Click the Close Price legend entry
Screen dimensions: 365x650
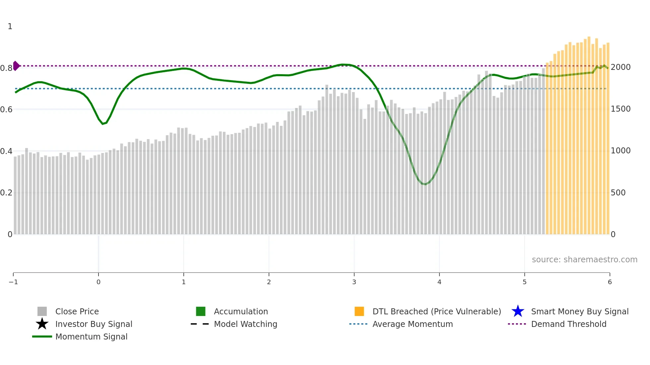77,311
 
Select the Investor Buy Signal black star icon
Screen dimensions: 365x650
42,324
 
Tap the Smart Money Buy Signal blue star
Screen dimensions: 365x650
518,311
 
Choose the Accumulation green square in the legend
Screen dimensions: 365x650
201,311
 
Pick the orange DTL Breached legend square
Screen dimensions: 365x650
359,311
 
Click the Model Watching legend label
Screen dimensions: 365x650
245,324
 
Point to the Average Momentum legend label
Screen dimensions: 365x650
413,324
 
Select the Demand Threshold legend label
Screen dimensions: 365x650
568,324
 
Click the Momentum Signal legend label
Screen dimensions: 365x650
91,337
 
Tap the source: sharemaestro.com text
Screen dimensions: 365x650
584,259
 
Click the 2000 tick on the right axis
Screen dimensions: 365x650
620,67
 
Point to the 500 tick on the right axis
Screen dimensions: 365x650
618,192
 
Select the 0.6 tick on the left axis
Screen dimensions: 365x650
6,109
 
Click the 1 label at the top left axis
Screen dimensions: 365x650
10,26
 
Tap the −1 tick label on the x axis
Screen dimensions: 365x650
13,282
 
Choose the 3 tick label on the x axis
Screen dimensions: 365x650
354,282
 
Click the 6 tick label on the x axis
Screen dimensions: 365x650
610,282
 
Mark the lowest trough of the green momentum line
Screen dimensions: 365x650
425,184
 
